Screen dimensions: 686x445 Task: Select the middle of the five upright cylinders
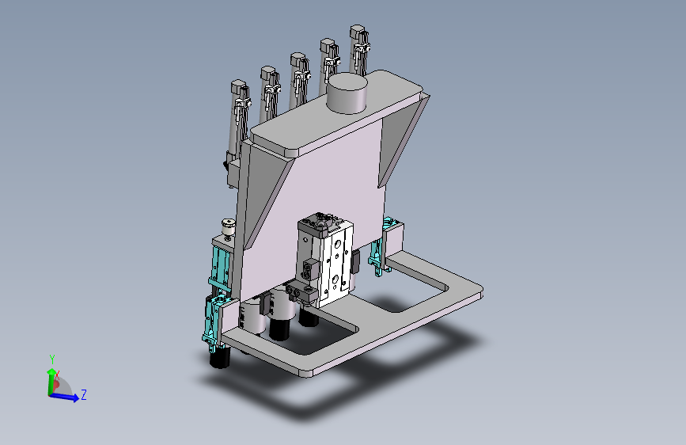click(298, 81)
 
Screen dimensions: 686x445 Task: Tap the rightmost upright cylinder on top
click(358, 49)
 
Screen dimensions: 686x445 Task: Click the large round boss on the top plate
click(348, 93)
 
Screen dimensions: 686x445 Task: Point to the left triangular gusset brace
click(266, 198)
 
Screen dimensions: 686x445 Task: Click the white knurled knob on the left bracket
click(228, 228)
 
